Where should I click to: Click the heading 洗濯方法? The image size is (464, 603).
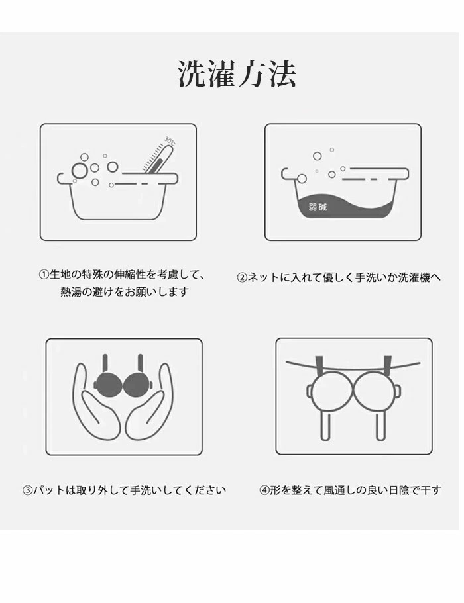pos(237,74)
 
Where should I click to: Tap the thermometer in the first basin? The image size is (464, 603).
pos(156,158)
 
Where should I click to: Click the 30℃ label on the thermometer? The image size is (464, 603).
pos(170,141)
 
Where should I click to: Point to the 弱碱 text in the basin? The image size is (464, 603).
pos(318,207)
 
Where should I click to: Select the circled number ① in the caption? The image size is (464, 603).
pos(44,275)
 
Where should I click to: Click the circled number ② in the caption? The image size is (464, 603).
pos(242,277)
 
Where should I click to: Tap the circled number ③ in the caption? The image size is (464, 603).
pos(27,490)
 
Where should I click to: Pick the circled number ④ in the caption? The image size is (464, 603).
pos(264,490)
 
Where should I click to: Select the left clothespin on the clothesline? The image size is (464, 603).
pos(319,364)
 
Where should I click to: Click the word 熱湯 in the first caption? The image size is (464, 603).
pos(71,291)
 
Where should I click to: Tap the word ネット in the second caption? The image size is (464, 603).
pos(263,277)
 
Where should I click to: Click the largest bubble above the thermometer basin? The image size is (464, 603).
pos(80,171)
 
